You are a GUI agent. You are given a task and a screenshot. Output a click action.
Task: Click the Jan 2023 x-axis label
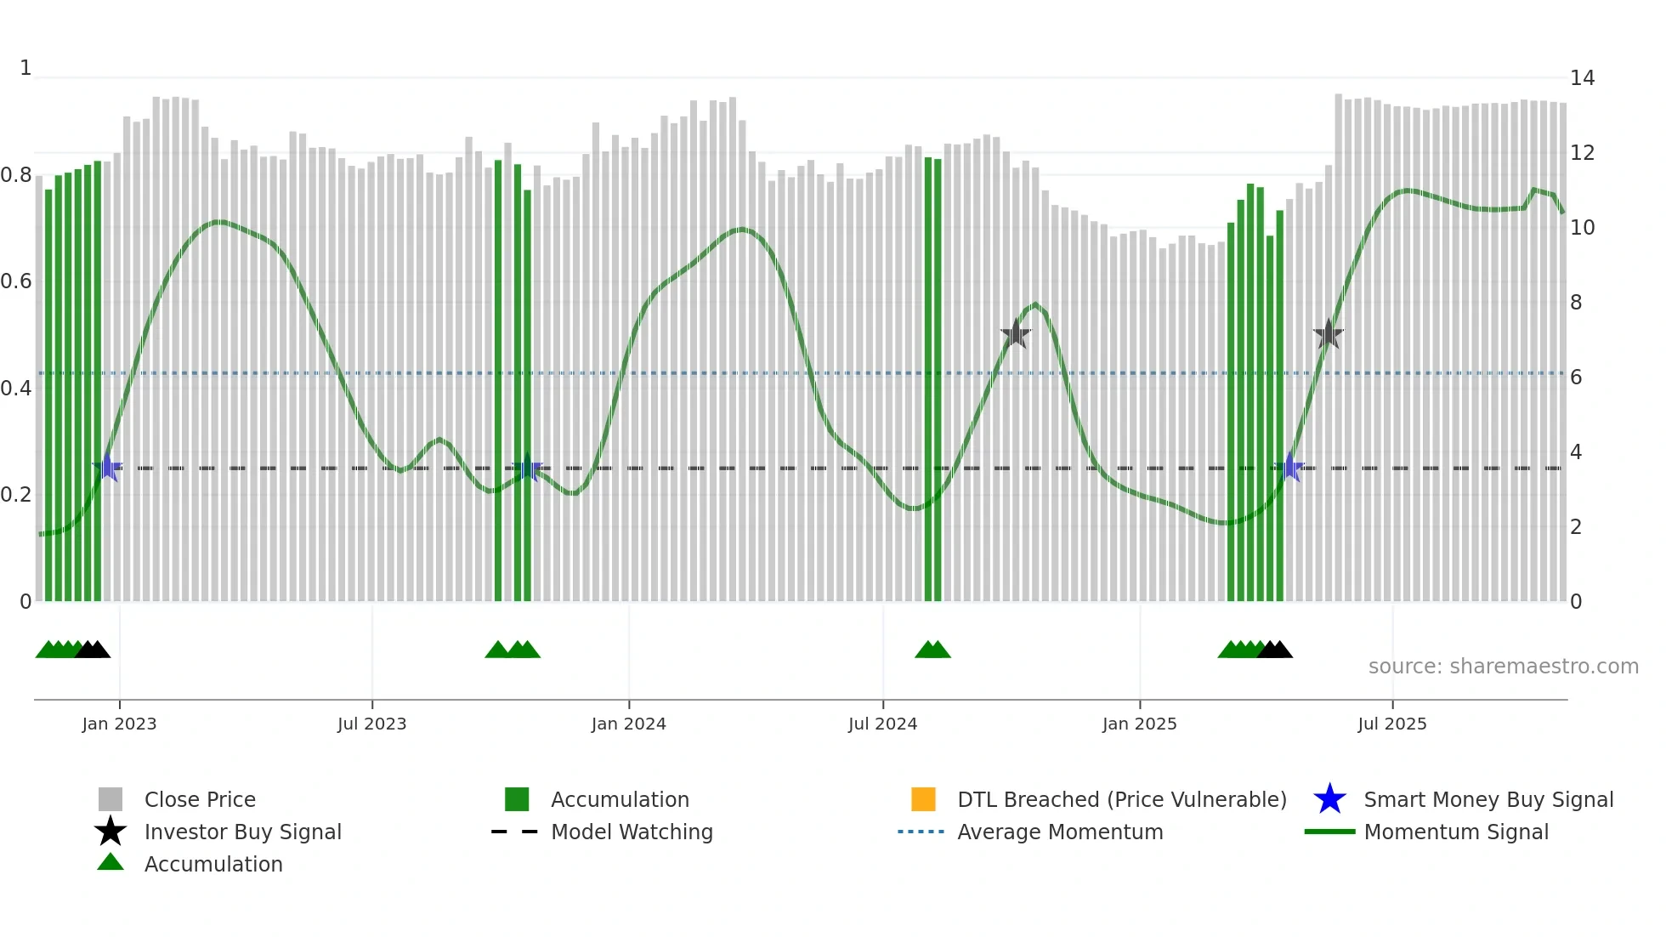[119, 724]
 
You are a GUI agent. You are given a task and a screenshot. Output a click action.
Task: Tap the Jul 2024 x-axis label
[882, 724]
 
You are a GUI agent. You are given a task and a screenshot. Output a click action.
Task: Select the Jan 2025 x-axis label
[1139, 724]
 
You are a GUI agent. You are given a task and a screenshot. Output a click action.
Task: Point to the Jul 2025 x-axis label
[1391, 724]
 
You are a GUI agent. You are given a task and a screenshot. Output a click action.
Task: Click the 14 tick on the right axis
[1582, 78]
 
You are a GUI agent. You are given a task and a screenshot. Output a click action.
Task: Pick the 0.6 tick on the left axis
[16, 281]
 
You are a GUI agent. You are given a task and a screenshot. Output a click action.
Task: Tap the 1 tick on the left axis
[25, 68]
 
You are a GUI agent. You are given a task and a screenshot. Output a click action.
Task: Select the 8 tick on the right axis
[1576, 303]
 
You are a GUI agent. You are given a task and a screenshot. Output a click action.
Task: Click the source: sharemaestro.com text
[1503, 667]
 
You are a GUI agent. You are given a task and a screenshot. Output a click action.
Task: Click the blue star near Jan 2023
[107, 467]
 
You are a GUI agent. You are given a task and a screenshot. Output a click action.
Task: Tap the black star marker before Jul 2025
[1328, 334]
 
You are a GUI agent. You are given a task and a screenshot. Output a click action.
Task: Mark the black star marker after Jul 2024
[1015, 334]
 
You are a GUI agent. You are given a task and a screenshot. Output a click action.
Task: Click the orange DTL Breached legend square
[923, 799]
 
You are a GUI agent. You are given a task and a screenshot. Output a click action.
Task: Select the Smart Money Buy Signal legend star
[1329, 799]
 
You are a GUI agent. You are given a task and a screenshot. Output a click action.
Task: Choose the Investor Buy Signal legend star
[110, 832]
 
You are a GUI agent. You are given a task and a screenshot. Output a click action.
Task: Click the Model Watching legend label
[632, 832]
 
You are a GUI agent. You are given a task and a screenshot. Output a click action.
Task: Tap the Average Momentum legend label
[1060, 832]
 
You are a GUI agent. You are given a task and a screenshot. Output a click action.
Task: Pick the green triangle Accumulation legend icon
[110, 862]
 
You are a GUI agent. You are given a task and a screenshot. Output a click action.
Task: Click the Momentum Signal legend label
[1456, 832]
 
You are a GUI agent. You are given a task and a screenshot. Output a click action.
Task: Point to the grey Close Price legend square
[110, 799]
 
